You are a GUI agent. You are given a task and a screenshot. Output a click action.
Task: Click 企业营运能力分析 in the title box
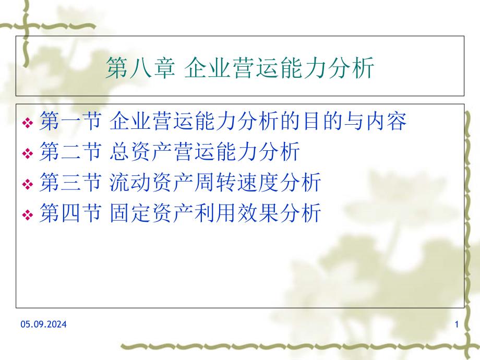pos(280,69)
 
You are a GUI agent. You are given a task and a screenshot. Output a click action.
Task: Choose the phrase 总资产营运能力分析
pos(205,153)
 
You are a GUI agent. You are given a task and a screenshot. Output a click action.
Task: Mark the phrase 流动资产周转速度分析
pos(215,183)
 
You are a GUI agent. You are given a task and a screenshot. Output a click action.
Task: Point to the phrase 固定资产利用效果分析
pos(215,213)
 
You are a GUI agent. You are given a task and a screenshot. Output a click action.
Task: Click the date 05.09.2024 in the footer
pos(44,325)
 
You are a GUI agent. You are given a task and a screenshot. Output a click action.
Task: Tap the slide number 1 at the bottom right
pos(457,325)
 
